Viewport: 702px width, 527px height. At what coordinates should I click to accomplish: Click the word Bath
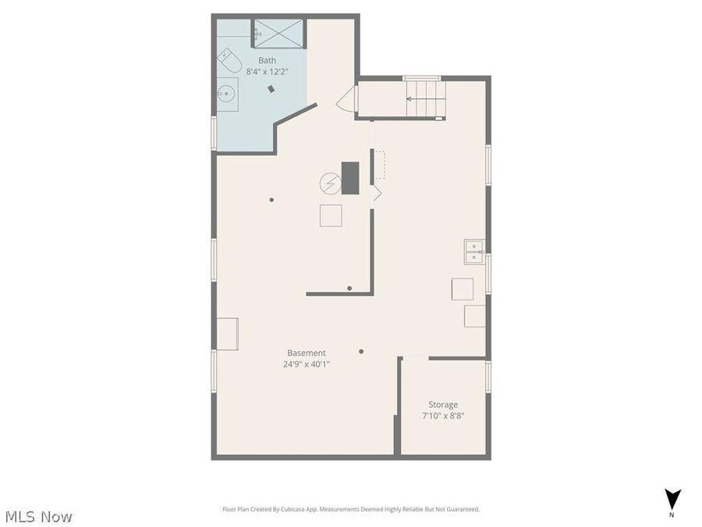pos(268,60)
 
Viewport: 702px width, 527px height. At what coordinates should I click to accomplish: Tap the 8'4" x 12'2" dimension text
pos(268,71)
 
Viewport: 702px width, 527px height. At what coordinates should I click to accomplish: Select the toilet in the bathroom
pos(227,59)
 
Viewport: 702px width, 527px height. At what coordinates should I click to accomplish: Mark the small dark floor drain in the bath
pos(271,89)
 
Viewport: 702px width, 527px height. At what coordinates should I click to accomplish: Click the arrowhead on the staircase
pos(409,99)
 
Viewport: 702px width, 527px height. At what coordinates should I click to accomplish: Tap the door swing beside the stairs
pos(347,99)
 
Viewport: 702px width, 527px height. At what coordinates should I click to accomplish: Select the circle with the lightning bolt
pos(329,183)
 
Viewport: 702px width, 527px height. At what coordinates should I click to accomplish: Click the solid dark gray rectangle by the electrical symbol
pos(350,177)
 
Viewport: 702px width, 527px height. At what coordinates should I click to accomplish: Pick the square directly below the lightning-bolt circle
pos(331,215)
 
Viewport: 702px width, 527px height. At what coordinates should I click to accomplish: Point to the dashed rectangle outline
pos(380,165)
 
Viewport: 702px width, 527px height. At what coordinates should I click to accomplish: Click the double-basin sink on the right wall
pos(474,251)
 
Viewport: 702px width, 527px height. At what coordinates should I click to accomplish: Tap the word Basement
pos(307,353)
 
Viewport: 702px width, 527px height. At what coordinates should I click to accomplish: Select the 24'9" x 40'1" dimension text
pos(307,364)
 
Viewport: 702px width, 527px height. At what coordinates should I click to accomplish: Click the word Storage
pos(443,404)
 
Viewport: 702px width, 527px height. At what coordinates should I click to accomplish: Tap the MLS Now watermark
pos(39,516)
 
